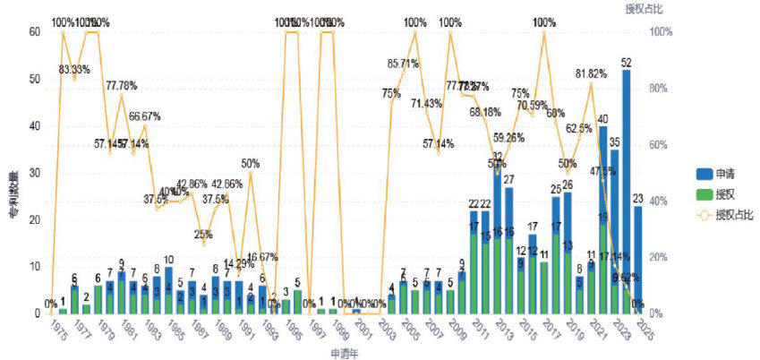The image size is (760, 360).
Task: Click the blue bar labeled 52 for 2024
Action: click(626, 192)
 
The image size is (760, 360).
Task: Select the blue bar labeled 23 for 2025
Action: click(637, 260)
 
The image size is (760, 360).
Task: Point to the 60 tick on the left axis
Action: click(35, 32)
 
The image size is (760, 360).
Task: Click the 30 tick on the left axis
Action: click(35, 173)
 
